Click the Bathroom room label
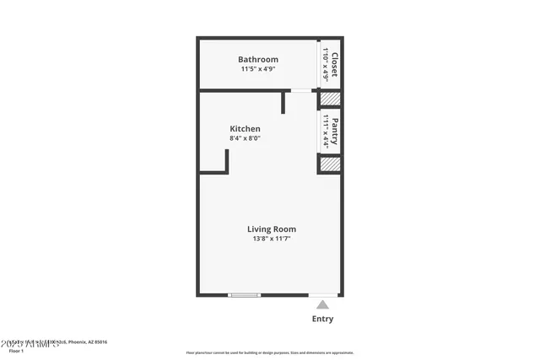(x=257, y=60)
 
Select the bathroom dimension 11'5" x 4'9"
(x=257, y=70)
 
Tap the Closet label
(x=334, y=65)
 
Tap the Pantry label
(x=334, y=132)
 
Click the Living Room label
(x=271, y=229)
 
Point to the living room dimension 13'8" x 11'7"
(x=271, y=239)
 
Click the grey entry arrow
(x=322, y=304)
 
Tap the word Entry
(x=322, y=320)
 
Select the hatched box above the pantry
(x=330, y=99)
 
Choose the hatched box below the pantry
(x=330, y=164)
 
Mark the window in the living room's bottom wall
(x=245, y=295)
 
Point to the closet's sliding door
(x=318, y=63)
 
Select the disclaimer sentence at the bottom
(x=270, y=353)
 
